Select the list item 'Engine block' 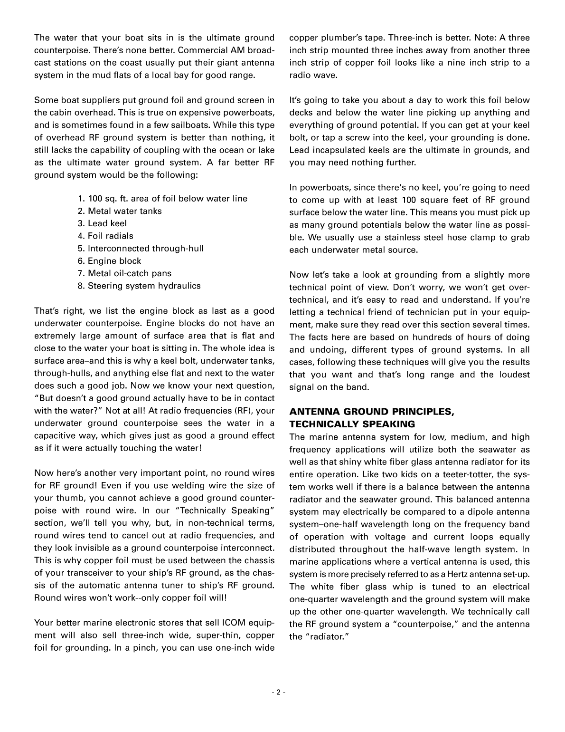coord(114,261)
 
